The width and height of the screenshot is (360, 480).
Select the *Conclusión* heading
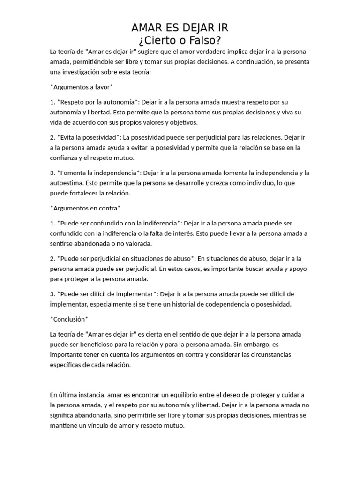click(x=69, y=319)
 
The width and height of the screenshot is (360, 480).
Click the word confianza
click(x=65, y=158)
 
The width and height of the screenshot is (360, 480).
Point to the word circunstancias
click(x=274, y=354)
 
